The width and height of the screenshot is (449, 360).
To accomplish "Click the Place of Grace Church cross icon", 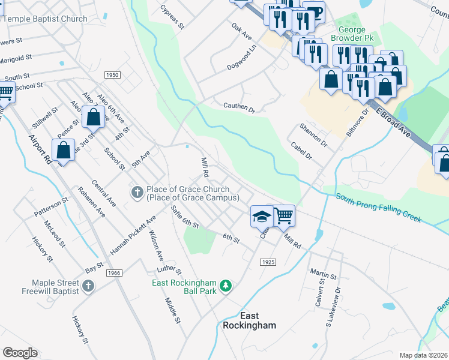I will (x=136, y=192).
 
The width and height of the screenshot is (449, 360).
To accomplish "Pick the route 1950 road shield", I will (x=112, y=75).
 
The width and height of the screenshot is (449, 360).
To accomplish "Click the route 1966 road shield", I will (x=114, y=273).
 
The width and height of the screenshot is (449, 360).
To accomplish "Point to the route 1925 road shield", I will (x=268, y=263).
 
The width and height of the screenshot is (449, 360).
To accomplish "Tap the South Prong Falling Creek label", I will (x=378, y=207).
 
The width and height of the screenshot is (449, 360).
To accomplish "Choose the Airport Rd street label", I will (x=40, y=150).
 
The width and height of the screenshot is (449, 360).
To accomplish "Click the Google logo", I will (x=20, y=353).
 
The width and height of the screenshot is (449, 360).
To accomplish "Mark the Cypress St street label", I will (x=172, y=17).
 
